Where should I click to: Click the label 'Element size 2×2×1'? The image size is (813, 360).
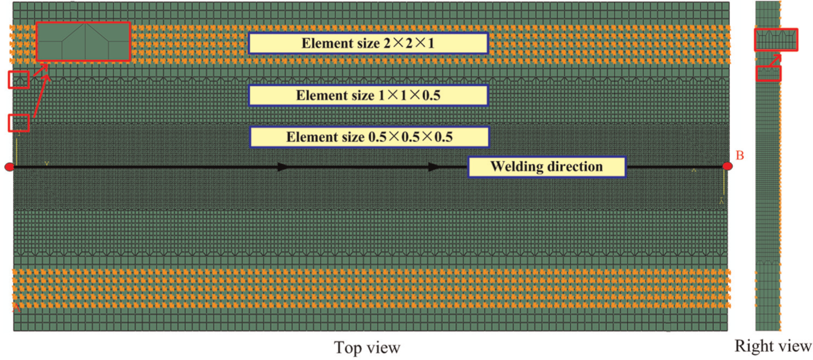coord(368,43)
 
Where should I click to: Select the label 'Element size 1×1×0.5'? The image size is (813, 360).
coord(368,96)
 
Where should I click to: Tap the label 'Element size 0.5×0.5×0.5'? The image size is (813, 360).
coord(369,137)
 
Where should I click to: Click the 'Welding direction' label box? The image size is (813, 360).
coord(547,167)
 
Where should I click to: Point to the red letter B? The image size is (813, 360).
coord(740,155)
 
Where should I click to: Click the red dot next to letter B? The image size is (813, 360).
coord(727,166)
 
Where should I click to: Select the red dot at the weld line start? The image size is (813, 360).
coord(9,167)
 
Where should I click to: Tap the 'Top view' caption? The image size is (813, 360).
coord(367,348)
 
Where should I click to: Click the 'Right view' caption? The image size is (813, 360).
coord(773,346)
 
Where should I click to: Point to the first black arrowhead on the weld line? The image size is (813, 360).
coord(283,167)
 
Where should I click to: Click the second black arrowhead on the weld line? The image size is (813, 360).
coord(434,167)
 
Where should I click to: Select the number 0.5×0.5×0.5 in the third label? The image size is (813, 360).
coord(411,137)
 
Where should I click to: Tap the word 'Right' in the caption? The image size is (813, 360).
coord(752,346)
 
